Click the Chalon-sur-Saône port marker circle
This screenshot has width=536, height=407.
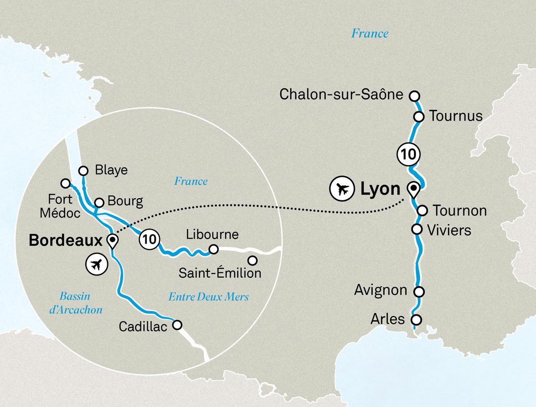[x=414, y=95]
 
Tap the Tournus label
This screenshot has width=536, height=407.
[x=456, y=116]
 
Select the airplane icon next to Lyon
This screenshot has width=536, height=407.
[x=341, y=189]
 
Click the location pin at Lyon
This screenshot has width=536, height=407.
[x=412, y=189]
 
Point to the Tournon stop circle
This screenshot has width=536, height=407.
[x=422, y=210]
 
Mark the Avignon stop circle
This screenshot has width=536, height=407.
[x=419, y=291]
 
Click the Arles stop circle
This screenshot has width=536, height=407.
[x=416, y=320]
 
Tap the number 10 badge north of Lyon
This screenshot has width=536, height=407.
[x=407, y=154]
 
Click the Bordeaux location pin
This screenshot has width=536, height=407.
[x=113, y=241]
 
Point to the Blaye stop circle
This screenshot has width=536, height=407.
[x=83, y=169]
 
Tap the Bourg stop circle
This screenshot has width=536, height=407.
[x=99, y=202]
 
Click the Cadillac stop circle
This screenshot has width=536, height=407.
[x=177, y=325]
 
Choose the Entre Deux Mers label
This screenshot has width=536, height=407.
[x=208, y=297]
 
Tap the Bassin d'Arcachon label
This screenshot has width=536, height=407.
[x=80, y=303]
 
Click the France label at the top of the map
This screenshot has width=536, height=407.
[x=369, y=34]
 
